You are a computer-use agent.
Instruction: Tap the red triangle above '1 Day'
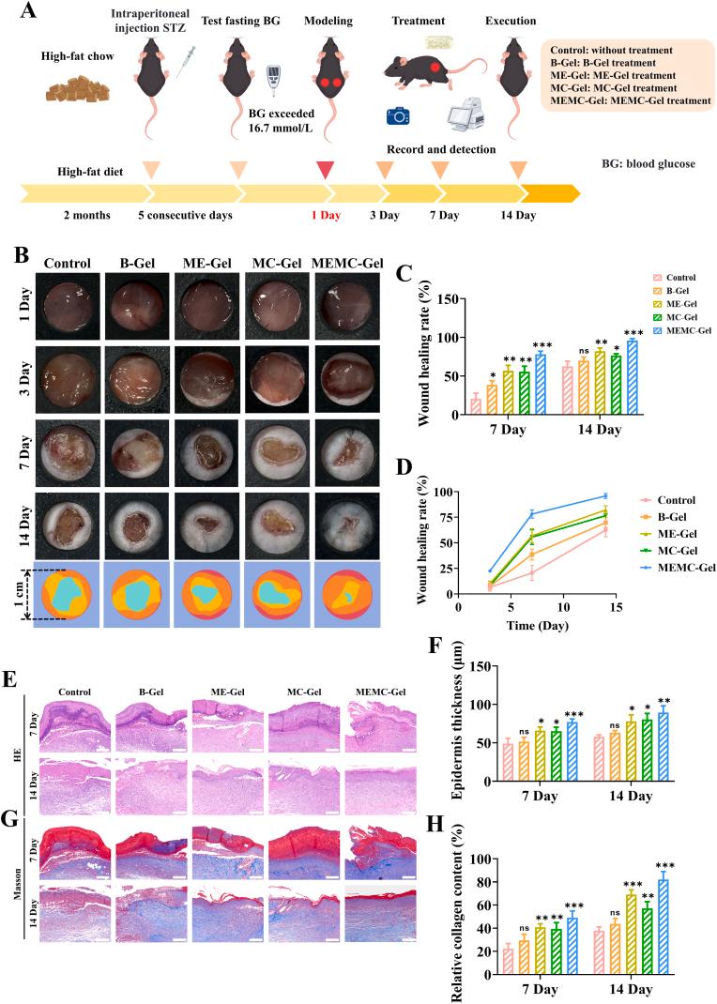pyautogui.click(x=326, y=170)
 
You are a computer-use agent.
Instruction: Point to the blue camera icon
pyautogui.click(x=396, y=115)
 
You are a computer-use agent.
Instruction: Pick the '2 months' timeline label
pyautogui.click(x=87, y=215)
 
